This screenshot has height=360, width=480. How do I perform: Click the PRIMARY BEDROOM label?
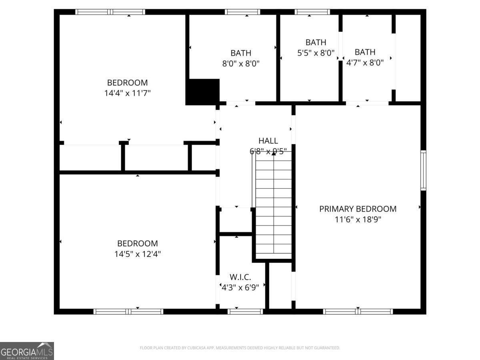(358, 209)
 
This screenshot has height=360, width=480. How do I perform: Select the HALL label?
(268, 141)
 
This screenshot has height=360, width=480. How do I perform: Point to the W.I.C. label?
(240, 277)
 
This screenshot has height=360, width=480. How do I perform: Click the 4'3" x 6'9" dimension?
(240, 287)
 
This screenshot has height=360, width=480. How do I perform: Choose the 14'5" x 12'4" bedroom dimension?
(138, 254)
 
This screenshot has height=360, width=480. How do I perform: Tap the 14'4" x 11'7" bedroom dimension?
(127, 93)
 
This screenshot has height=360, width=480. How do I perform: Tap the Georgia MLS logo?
(27, 351)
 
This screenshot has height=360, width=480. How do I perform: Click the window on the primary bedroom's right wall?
(423, 170)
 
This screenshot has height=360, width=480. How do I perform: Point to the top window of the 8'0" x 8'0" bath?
(242, 12)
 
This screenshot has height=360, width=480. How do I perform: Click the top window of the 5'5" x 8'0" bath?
(312, 12)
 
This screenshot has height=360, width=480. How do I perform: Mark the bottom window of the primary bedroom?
(358, 311)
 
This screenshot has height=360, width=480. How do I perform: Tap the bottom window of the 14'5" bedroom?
(128, 311)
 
